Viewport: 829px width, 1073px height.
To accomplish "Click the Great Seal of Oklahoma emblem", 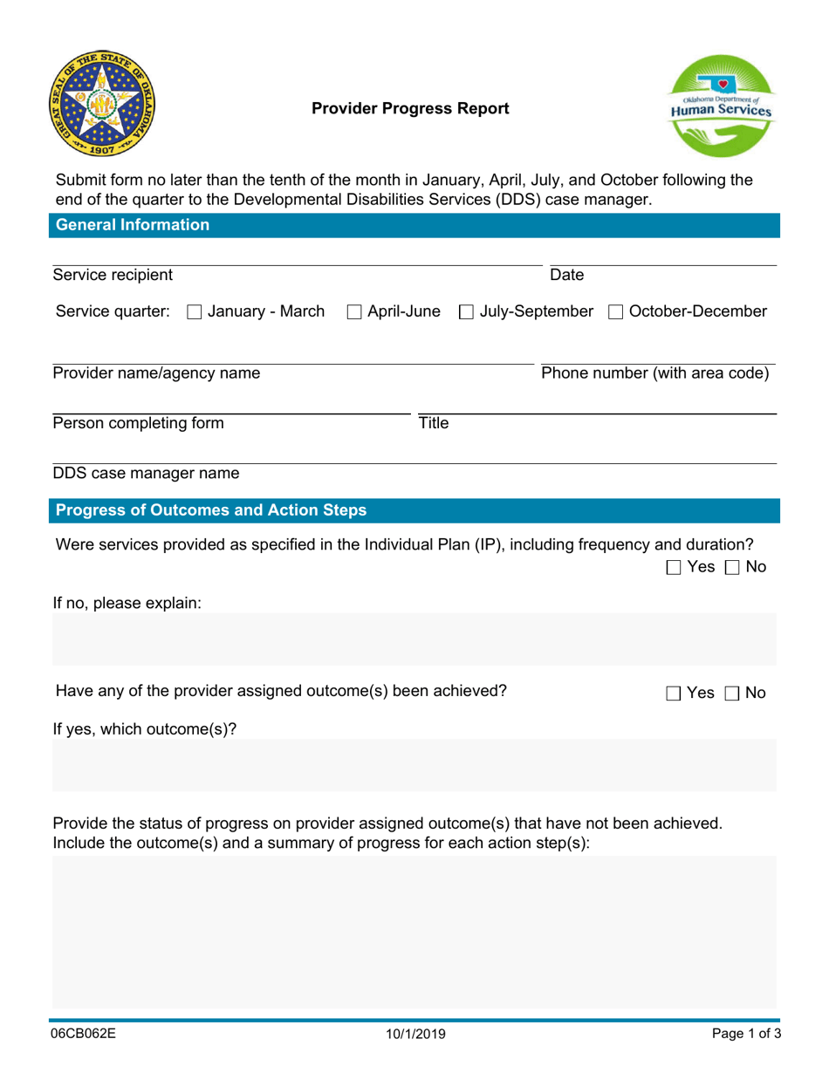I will click(x=99, y=103).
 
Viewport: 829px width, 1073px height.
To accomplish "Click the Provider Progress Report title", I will click(x=410, y=109).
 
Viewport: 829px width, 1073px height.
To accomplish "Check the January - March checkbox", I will click(x=195, y=311).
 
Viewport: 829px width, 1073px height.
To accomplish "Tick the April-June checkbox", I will click(x=354, y=311).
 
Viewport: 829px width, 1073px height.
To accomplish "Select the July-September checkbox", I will click(x=466, y=311).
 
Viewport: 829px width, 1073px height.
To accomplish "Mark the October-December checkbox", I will click(x=615, y=311).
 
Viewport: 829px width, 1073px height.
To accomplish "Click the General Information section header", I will click(x=132, y=225).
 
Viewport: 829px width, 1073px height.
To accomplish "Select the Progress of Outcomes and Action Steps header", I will click(x=210, y=510).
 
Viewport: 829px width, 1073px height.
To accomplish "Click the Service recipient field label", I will click(x=113, y=276).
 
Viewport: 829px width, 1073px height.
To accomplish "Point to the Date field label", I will click(x=566, y=276).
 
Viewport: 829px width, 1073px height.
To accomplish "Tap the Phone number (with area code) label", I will click(x=655, y=374).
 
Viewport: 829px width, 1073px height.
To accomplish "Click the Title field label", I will click(x=434, y=424).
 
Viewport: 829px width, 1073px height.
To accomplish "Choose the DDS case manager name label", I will click(x=146, y=474).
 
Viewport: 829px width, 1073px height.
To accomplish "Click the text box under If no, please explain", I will click(x=414, y=639).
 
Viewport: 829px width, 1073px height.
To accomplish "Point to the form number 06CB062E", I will click(x=84, y=1035).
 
